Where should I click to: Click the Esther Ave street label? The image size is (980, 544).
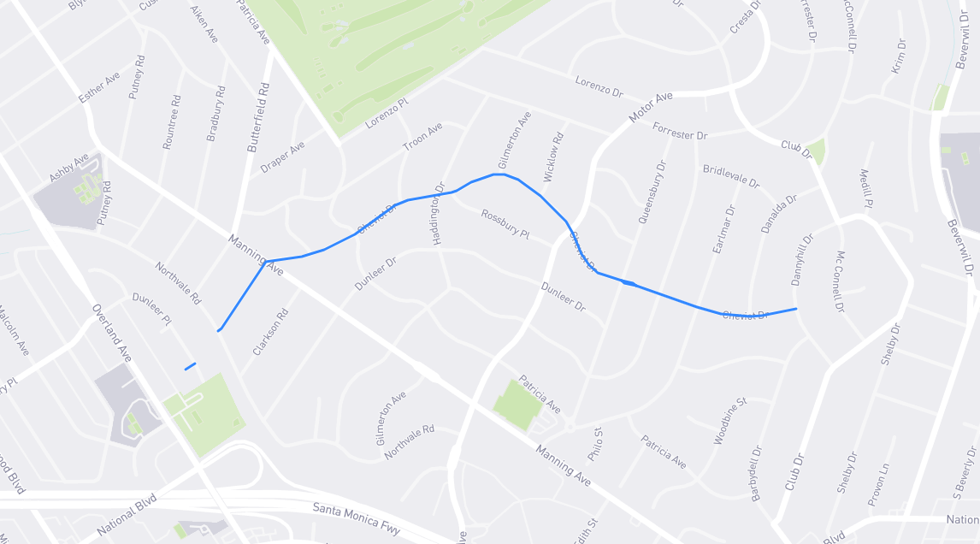pos(99,88)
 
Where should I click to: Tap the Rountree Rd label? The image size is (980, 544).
pos(172,122)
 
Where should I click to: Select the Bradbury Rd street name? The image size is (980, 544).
pos(216,113)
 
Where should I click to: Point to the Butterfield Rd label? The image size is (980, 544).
pos(258,117)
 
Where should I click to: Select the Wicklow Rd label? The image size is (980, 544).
pos(554,157)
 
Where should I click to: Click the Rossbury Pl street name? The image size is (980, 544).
pos(505,224)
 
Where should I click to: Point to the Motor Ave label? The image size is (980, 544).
pos(652,107)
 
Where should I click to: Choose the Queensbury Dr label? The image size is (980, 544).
pos(652,192)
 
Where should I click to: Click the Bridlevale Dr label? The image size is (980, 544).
pos(731,177)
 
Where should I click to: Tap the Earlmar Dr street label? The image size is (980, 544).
pos(723,228)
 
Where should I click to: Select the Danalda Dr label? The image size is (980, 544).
pos(778,214)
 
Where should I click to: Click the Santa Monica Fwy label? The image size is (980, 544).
pos(357,520)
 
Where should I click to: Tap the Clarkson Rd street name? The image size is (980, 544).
pos(270,333)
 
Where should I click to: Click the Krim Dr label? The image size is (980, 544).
pos(898,56)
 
